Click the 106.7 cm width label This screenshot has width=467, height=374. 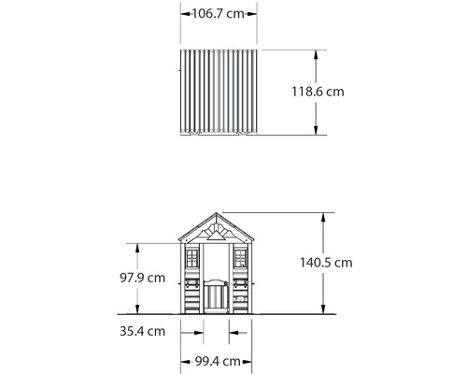219,14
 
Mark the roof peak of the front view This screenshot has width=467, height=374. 217,212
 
